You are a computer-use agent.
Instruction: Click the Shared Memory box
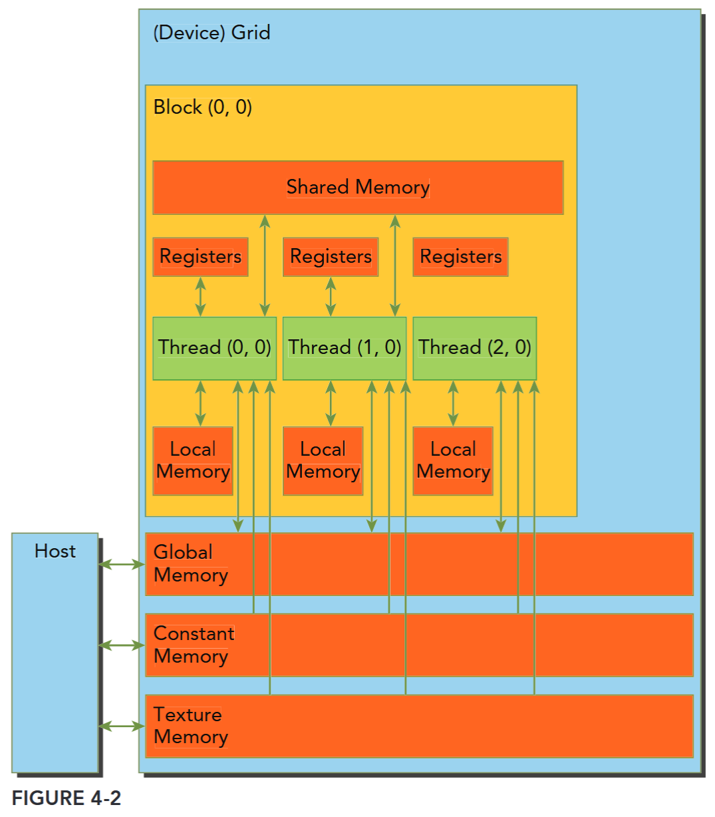point(358,188)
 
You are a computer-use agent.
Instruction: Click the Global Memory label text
point(191,564)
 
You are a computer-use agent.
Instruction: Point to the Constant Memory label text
point(194,645)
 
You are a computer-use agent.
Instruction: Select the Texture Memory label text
point(191,726)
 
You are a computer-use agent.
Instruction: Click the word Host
point(55,551)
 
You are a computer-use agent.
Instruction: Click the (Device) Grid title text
point(212,33)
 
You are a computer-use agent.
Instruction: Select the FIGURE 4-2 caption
point(67,798)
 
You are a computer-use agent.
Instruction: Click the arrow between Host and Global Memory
point(122,565)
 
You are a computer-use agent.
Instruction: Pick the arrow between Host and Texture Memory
point(122,727)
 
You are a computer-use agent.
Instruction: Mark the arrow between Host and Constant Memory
point(122,645)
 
